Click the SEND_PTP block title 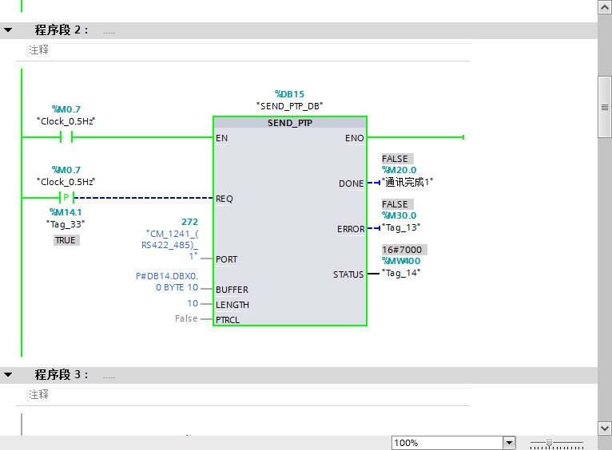tap(289, 123)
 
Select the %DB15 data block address tap(289, 94)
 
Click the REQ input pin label tap(225, 199)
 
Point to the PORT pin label tap(226, 259)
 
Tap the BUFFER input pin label tap(232, 290)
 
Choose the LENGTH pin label tap(232, 305)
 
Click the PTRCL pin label tap(228, 320)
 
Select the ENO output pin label tap(354, 138)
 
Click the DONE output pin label tap(351, 184)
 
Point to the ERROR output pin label tap(351, 229)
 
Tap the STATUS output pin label tap(348, 274)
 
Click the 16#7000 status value tap(402, 250)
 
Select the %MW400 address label tap(401, 261)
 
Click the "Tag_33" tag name tap(66, 224)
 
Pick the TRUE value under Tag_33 tap(66, 240)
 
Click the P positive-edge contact tap(66, 198)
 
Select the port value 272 tap(190, 221)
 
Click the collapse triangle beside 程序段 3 tap(8, 374)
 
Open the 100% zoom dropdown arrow tap(509, 443)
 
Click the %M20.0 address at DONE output tap(399, 170)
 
